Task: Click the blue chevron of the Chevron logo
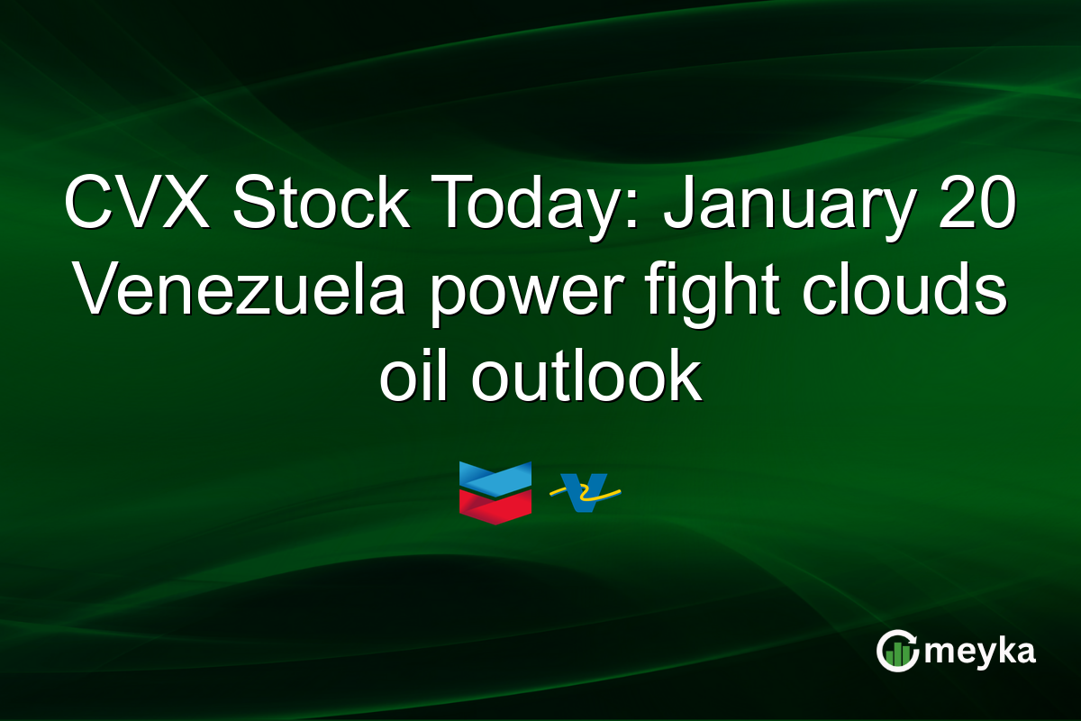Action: tap(495, 479)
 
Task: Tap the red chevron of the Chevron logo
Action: tap(495, 507)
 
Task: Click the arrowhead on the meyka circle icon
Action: tap(912, 638)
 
